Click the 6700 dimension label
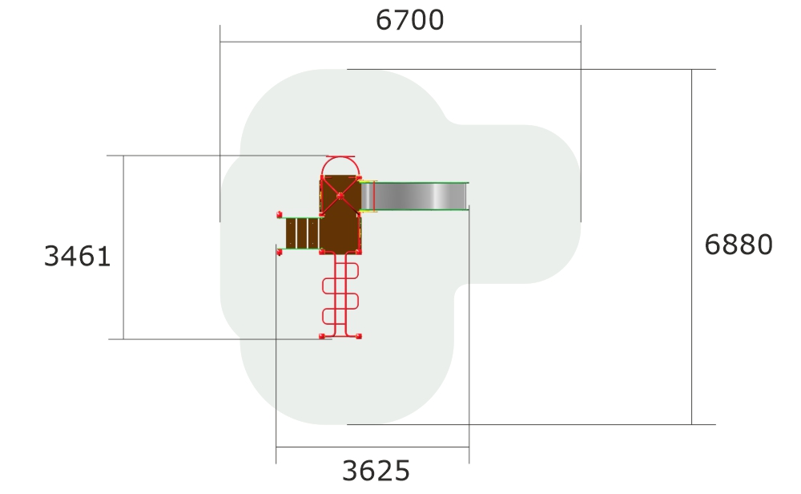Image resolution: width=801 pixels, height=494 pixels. click(x=409, y=21)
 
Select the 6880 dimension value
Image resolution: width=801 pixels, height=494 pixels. click(x=739, y=245)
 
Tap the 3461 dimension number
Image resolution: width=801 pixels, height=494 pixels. click(x=77, y=256)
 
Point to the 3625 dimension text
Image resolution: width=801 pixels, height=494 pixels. click(x=376, y=471)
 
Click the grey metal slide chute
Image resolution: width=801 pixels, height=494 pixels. click(x=414, y=196)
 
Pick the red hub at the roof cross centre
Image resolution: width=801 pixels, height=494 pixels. click(x=340, y=196)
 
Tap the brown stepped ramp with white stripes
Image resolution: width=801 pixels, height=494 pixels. click(x=303, y=233)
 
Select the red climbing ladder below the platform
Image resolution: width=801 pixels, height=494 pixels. click(x=340, y=295)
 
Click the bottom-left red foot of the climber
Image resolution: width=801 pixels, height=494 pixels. click(x=322, y=336)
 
